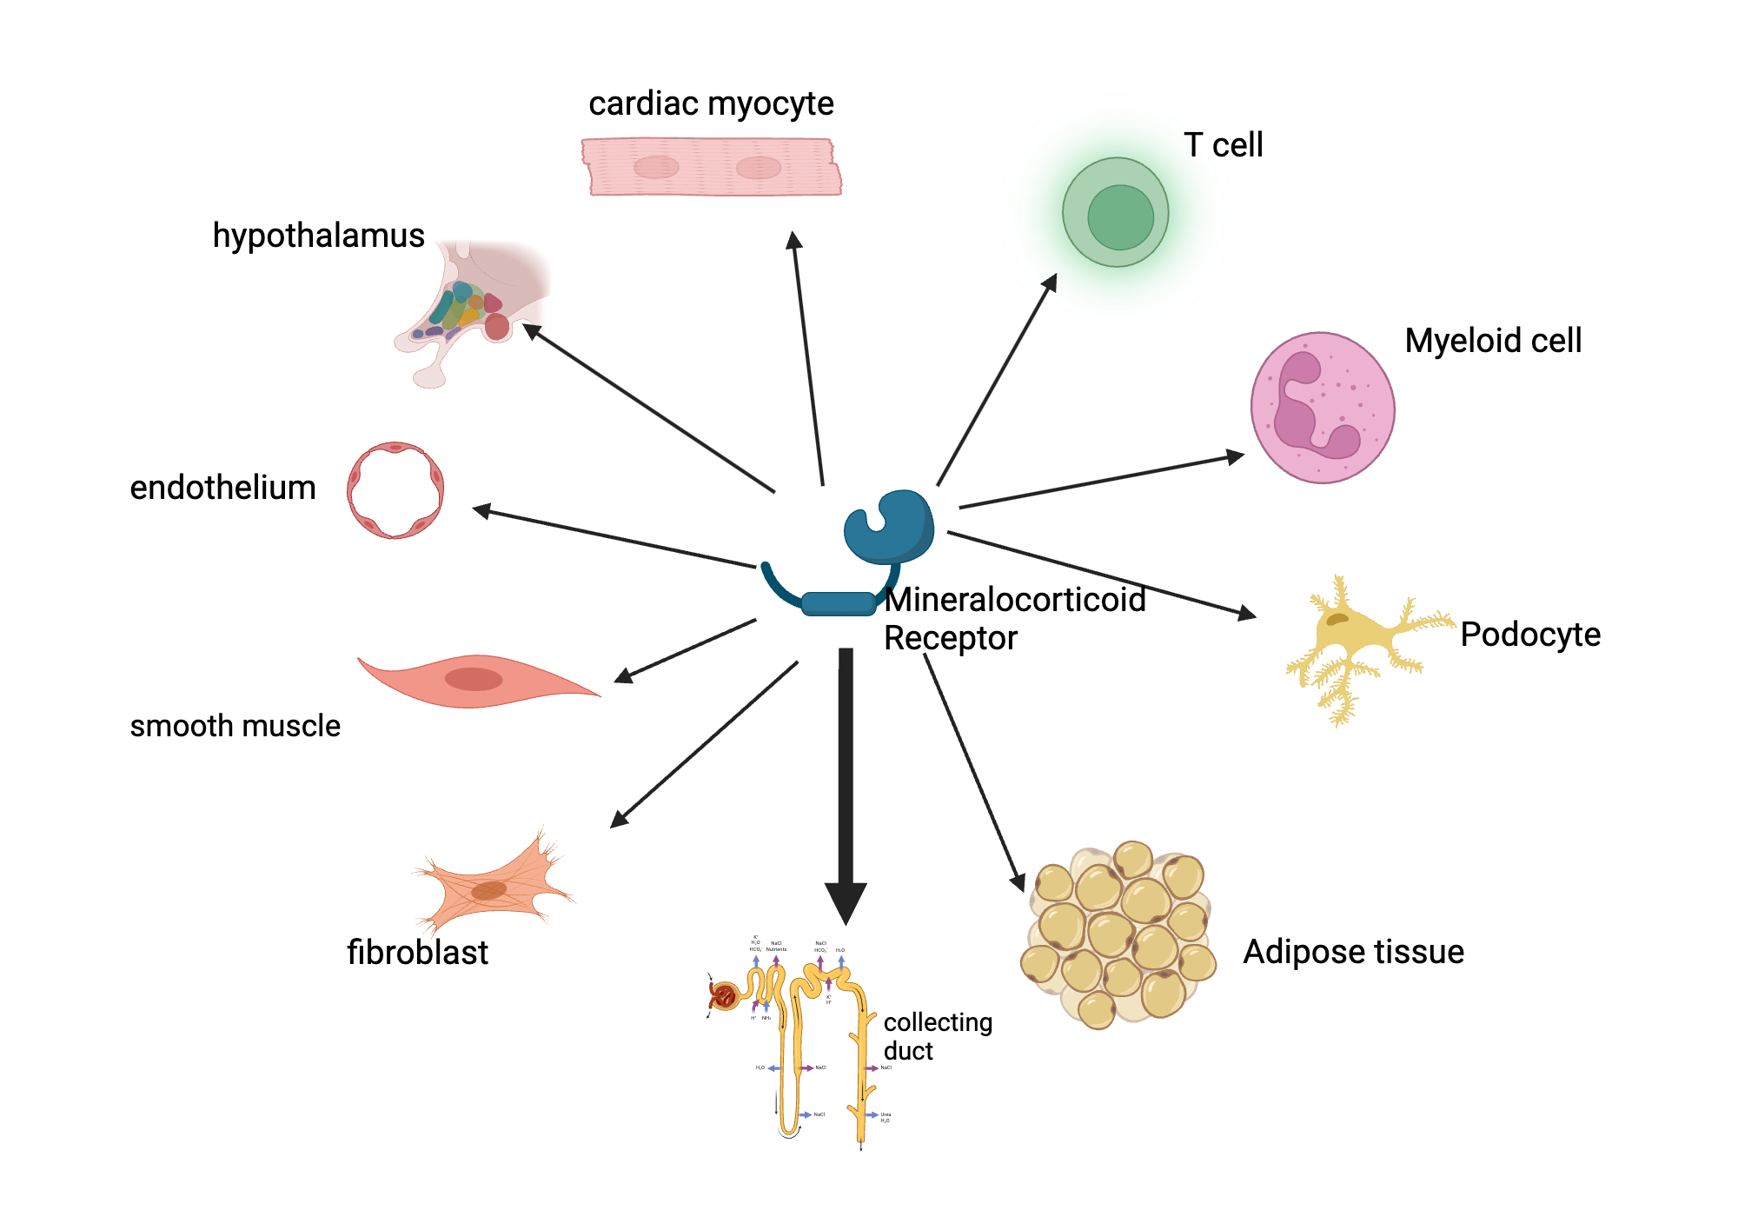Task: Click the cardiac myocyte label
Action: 711,104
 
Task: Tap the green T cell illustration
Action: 1116,213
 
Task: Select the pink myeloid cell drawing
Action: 1322,408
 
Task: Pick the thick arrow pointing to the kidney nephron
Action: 846,782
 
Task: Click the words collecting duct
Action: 936,1036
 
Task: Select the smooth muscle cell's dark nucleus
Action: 474,679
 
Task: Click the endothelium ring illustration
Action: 395,490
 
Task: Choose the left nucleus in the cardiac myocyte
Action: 656,167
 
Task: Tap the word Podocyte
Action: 1529,635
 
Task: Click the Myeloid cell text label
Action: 1492,341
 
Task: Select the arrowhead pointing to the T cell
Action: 1051,282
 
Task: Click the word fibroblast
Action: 417,953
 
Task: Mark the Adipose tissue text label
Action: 1353,952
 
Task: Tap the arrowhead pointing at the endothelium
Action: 481,510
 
